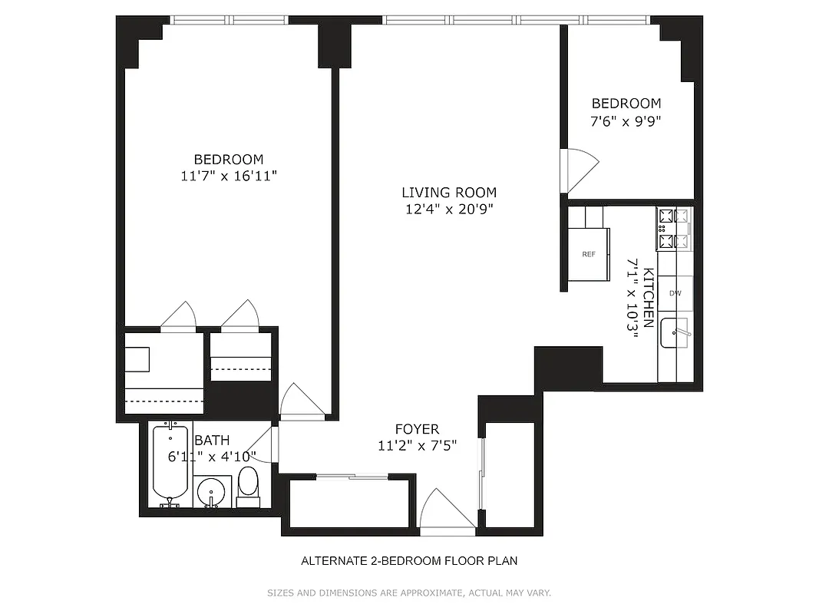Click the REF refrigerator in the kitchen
click(589, 254)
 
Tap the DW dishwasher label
click(675, 293)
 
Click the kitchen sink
click(675, 332)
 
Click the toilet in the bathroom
click(248, 486)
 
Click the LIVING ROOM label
click(449, 193)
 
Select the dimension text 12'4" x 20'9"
click(449, 210)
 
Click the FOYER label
click(417, 429)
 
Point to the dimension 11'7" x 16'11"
click(228, 177)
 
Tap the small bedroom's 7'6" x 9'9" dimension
click(626, 120)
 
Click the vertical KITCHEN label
click(649, 298)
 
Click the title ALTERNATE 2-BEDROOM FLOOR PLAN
click(408, 561)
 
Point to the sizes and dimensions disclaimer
click(408, 593)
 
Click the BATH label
click(211, 441)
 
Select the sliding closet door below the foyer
click(352, 477)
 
